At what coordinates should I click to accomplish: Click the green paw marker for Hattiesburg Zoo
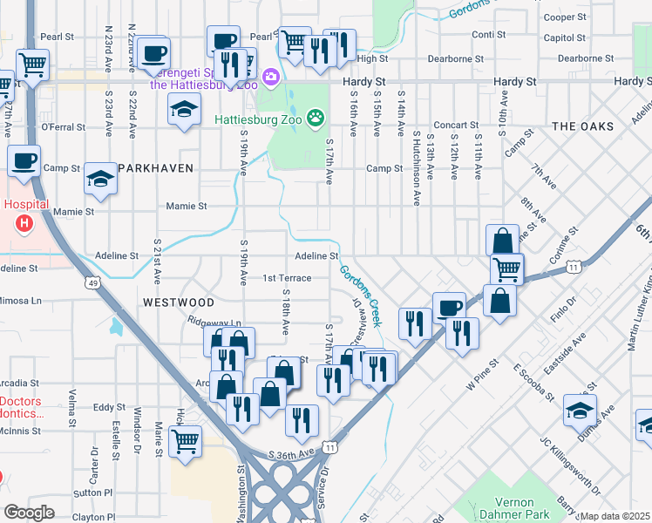[x=316, y=117]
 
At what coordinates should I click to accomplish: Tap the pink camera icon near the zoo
[x=270, y=77]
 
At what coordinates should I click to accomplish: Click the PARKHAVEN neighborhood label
[x=155, y=167]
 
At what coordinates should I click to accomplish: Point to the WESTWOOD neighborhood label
[x=179, y=302]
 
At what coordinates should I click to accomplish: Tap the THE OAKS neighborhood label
[x=582, y=126]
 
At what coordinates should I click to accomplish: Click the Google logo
[x=29, y=513]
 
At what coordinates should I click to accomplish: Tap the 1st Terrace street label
[x=287, y=278]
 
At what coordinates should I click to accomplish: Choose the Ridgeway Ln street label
[x=214, y=322]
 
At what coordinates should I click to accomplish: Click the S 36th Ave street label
[x=291, y=455]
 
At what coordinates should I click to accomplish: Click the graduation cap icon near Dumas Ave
[x=580, y=410]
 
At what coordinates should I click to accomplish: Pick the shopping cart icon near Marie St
[x=186, y=441]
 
